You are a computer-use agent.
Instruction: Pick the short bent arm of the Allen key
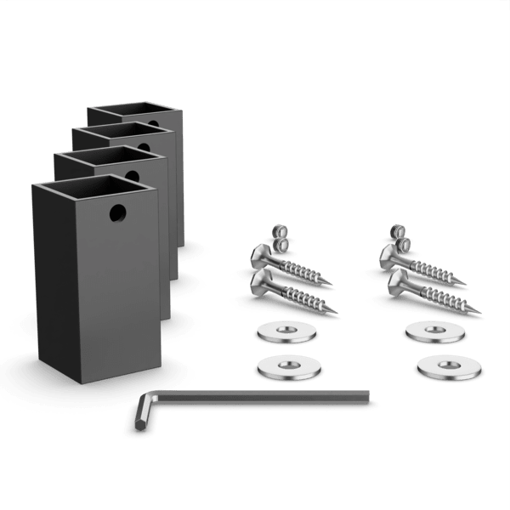(x=141, y=416)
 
